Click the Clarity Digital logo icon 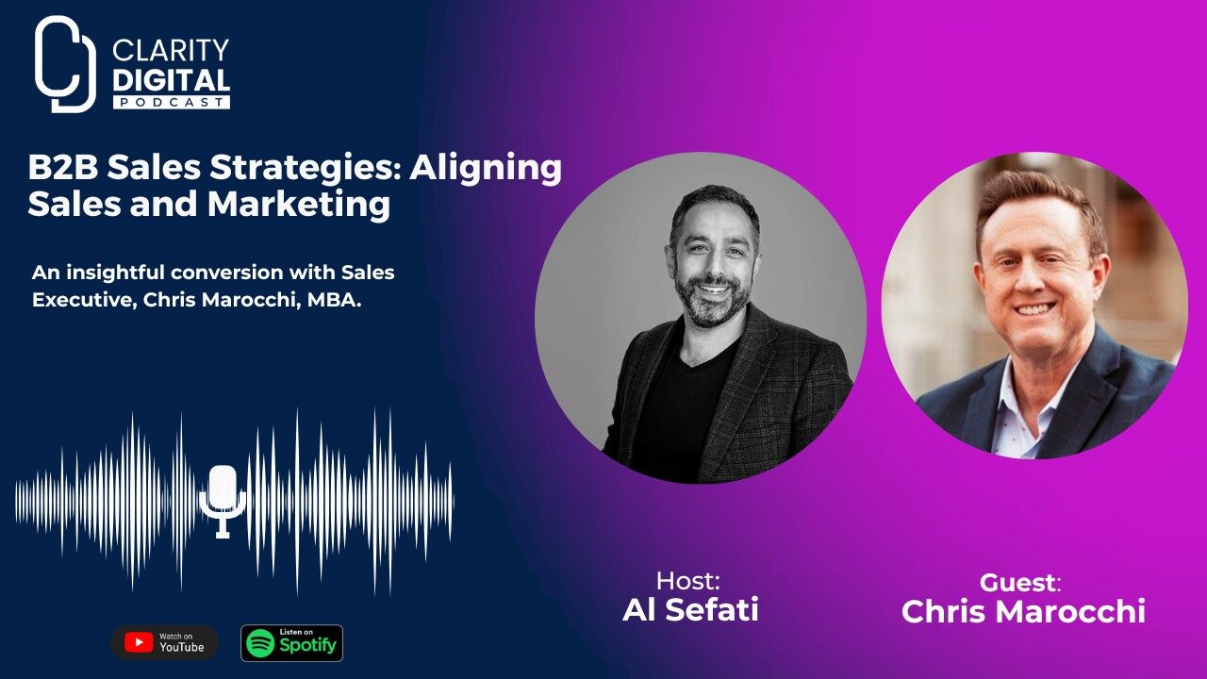click(x=65, y=64)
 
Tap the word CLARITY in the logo click(x=171, y=50)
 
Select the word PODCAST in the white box click(x=171, y=101)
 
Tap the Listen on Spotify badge click(x=291, y=643)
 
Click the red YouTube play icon click(x=139, y=643)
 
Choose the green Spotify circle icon click(x=260, y=643)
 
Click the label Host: click(x=687, y=580)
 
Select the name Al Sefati click(x=690, y=610)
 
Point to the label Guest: click(x=1020, y=582)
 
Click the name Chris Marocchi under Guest click(x=1023, y=611)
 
